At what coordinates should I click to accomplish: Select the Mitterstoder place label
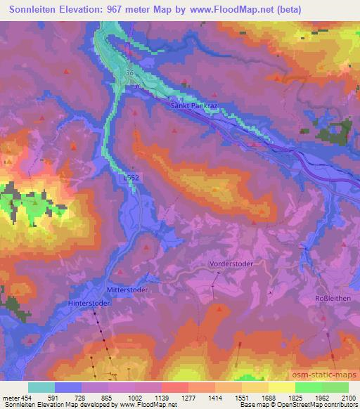pos(127,289)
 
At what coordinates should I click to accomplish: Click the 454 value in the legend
pos(25,398)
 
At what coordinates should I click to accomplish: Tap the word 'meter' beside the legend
pos(10,398)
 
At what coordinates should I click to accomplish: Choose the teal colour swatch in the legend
pos(41,387)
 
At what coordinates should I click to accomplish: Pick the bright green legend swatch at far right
pos(335,387)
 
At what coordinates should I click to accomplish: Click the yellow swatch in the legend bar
pos(281,387)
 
